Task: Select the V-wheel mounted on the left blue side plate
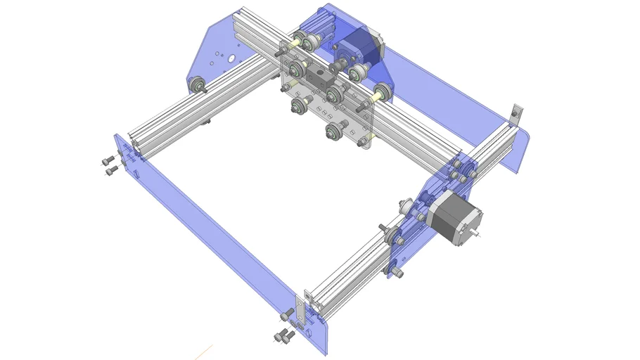198,85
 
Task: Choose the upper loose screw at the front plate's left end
108,160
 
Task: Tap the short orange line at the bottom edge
204,350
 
